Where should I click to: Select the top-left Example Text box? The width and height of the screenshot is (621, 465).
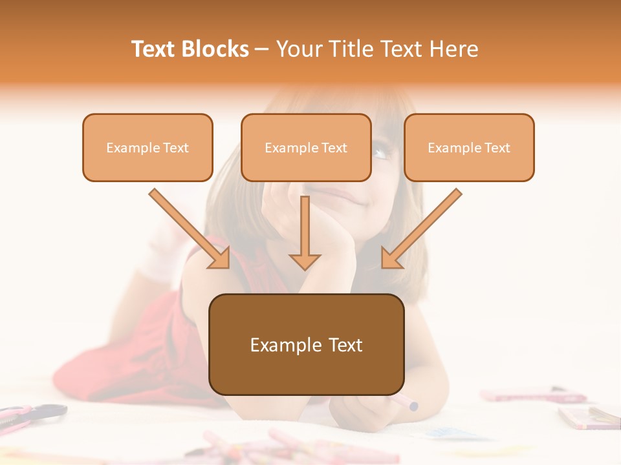[147, 147]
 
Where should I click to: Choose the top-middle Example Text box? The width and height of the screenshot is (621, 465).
[306, 147]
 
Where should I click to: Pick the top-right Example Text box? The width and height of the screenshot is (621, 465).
[469, 147]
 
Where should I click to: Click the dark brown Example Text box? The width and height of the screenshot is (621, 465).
[306, 344]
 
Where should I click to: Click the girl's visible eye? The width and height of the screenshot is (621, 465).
[382, 153]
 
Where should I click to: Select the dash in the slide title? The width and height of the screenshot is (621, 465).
[262, 49]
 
